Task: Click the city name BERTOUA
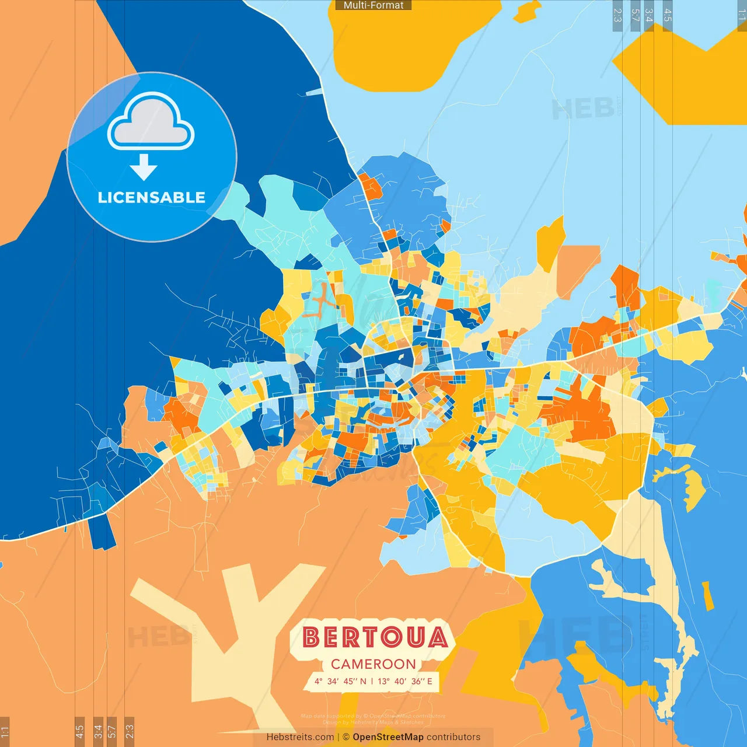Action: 375,637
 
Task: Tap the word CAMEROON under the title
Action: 373,664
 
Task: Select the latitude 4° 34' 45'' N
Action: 341,681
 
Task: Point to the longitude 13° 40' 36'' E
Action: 405,681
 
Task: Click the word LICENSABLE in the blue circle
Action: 152,197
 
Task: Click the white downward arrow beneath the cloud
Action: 144,167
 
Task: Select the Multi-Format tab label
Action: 373,5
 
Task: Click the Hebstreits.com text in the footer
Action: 300,737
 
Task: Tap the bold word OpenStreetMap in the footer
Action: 388,737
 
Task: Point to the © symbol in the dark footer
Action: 346,737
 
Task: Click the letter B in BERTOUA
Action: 312,637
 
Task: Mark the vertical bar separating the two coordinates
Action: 372,681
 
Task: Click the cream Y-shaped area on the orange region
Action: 233,630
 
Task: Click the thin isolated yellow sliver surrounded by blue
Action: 707,596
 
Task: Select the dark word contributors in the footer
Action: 453,737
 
